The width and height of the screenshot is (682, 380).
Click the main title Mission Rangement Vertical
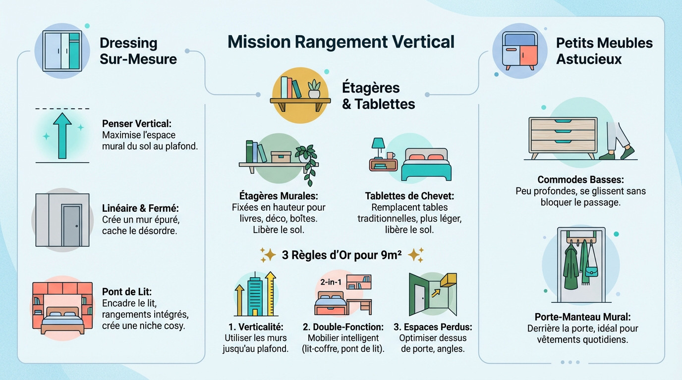click(341, 42)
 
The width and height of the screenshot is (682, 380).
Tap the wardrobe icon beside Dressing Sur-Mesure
click(61, 50)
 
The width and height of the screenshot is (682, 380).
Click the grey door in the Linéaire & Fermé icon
click(71, 225)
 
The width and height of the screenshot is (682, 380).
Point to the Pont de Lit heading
click(127, 291)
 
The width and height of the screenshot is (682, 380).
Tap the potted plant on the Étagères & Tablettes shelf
click(314, 89)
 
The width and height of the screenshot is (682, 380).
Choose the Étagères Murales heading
click(279, 196)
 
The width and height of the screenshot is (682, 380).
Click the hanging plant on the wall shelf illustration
click(307, 161)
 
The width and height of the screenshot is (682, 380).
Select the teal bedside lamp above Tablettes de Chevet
click(378, 146)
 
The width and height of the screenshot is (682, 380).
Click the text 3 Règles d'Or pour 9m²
click(341, 255)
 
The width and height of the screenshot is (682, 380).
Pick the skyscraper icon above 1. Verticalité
click(255, 295)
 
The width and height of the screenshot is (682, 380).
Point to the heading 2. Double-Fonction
click(343, 327)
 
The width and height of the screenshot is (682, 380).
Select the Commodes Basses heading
click(580, 180)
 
